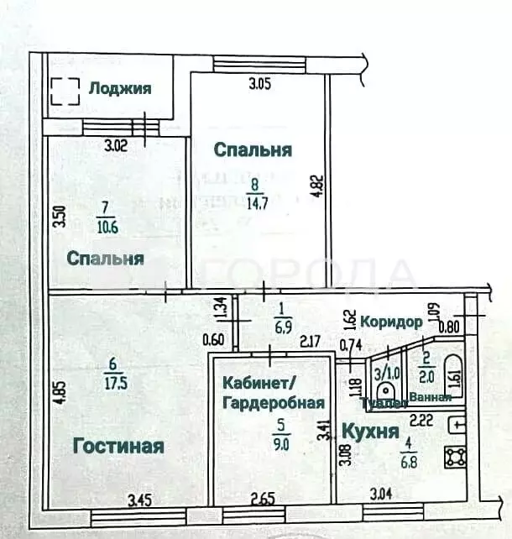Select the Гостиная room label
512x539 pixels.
118,445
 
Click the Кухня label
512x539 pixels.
368,432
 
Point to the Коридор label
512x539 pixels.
391,322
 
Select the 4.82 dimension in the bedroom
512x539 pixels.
316,186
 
